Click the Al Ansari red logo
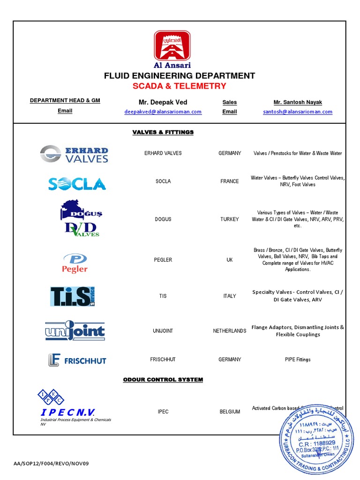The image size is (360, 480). [172, 45]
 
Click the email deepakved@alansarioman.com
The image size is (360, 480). [163, 112]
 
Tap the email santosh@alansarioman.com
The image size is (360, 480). [298, 112]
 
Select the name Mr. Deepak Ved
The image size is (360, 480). [163, 102]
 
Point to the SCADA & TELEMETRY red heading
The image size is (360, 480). [180, 86]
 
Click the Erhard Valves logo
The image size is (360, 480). [74, 154]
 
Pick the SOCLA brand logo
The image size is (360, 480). [77, 183]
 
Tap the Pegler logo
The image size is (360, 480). [75, 263]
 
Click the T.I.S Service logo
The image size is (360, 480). [73, 296]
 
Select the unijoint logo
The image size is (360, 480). [75, 331]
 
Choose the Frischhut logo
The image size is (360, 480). [77, 360]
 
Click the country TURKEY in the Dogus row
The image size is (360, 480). [230, 219]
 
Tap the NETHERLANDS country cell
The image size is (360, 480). [230, 331]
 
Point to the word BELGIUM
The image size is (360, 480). [230, 412]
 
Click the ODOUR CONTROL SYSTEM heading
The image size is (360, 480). [163, 380]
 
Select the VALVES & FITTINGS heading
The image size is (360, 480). [163, 132]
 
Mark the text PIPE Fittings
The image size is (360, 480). [298, 360]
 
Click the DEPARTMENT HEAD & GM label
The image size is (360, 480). [65, 101]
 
